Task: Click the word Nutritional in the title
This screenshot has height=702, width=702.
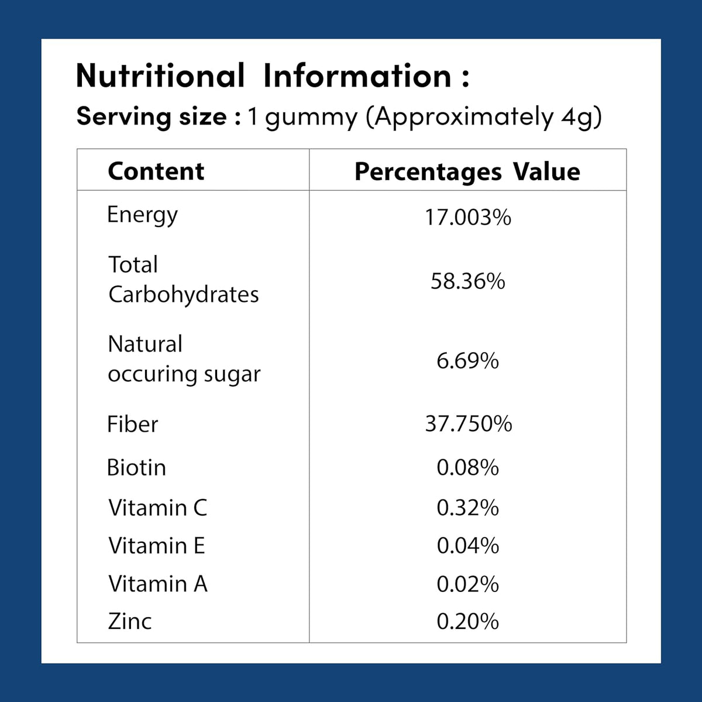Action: (160, 75)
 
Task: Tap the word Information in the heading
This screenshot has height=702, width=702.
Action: (357, 75)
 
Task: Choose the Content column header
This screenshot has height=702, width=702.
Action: (156, 171)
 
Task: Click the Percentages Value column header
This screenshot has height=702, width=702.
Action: (467, 173)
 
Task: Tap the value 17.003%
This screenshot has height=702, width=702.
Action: (468, 218)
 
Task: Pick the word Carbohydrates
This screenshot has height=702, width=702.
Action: (184, 294)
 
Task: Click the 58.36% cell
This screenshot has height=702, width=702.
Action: (468, 281)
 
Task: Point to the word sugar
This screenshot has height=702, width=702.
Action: (232, 375)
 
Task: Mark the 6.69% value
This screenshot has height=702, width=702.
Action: (468, 361)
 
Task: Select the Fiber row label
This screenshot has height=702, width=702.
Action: (133, 424)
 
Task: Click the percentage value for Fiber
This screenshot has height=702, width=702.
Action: (469, 424)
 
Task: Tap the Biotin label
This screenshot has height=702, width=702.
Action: (137, 467)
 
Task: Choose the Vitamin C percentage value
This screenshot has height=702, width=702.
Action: (468, 508)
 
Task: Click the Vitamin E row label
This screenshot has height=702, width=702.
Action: (157, 546)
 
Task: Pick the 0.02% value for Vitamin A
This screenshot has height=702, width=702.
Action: (468, 584)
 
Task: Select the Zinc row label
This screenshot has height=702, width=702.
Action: (130, 621)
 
